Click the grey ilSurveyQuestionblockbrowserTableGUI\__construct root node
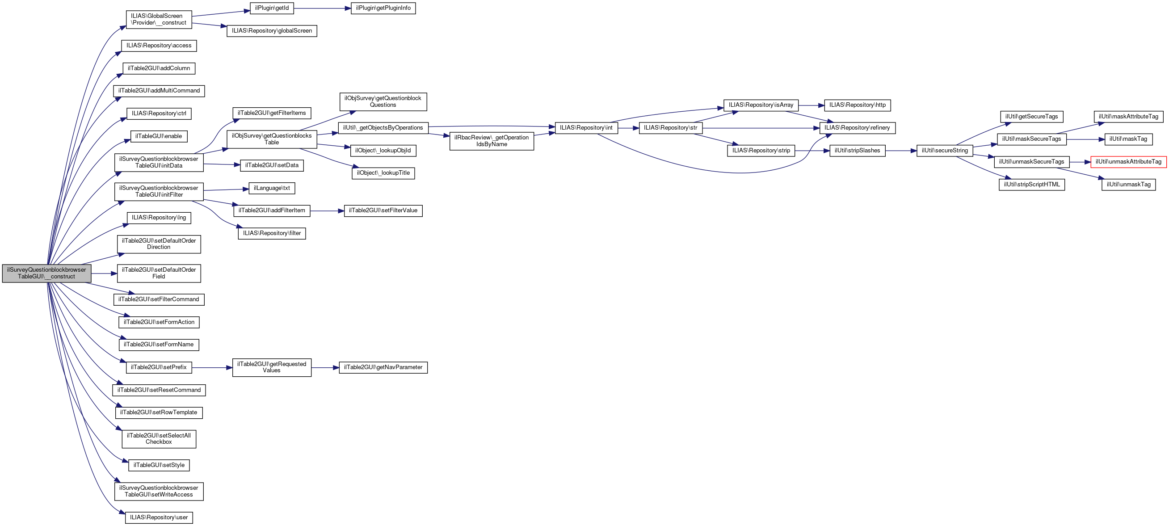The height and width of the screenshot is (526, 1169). point(46,273)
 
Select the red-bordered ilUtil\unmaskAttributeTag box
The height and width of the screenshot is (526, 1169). point(1128,162)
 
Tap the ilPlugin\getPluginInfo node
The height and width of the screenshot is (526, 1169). point(383,8)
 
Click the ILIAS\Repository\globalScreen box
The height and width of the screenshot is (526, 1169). point(271,31)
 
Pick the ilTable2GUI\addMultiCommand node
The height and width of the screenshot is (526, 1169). point(159,91)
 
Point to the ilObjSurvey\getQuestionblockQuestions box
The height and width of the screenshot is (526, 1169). point(383,101)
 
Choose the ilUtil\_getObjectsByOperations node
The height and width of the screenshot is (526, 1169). point(383,128)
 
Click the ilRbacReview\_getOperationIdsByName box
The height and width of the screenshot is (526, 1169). point(491,141)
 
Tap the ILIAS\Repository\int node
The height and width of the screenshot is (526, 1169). point(586,128)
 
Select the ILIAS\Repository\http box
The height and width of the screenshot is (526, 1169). point(857,105)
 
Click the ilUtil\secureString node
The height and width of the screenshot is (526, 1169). point(944,151)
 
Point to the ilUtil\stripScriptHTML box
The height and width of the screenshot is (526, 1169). point(1031,185)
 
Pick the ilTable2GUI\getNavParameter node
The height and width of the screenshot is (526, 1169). point(383,367)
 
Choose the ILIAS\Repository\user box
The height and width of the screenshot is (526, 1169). point(159,518)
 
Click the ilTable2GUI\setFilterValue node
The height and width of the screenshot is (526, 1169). point(383,210)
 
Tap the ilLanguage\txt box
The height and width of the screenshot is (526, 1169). point(271,188)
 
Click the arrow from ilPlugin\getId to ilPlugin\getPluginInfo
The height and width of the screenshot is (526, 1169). point(322,8)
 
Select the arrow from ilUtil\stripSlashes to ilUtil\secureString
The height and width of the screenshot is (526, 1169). point(900,151)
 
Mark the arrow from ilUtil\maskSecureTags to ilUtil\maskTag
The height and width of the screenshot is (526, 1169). point(1085,139)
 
